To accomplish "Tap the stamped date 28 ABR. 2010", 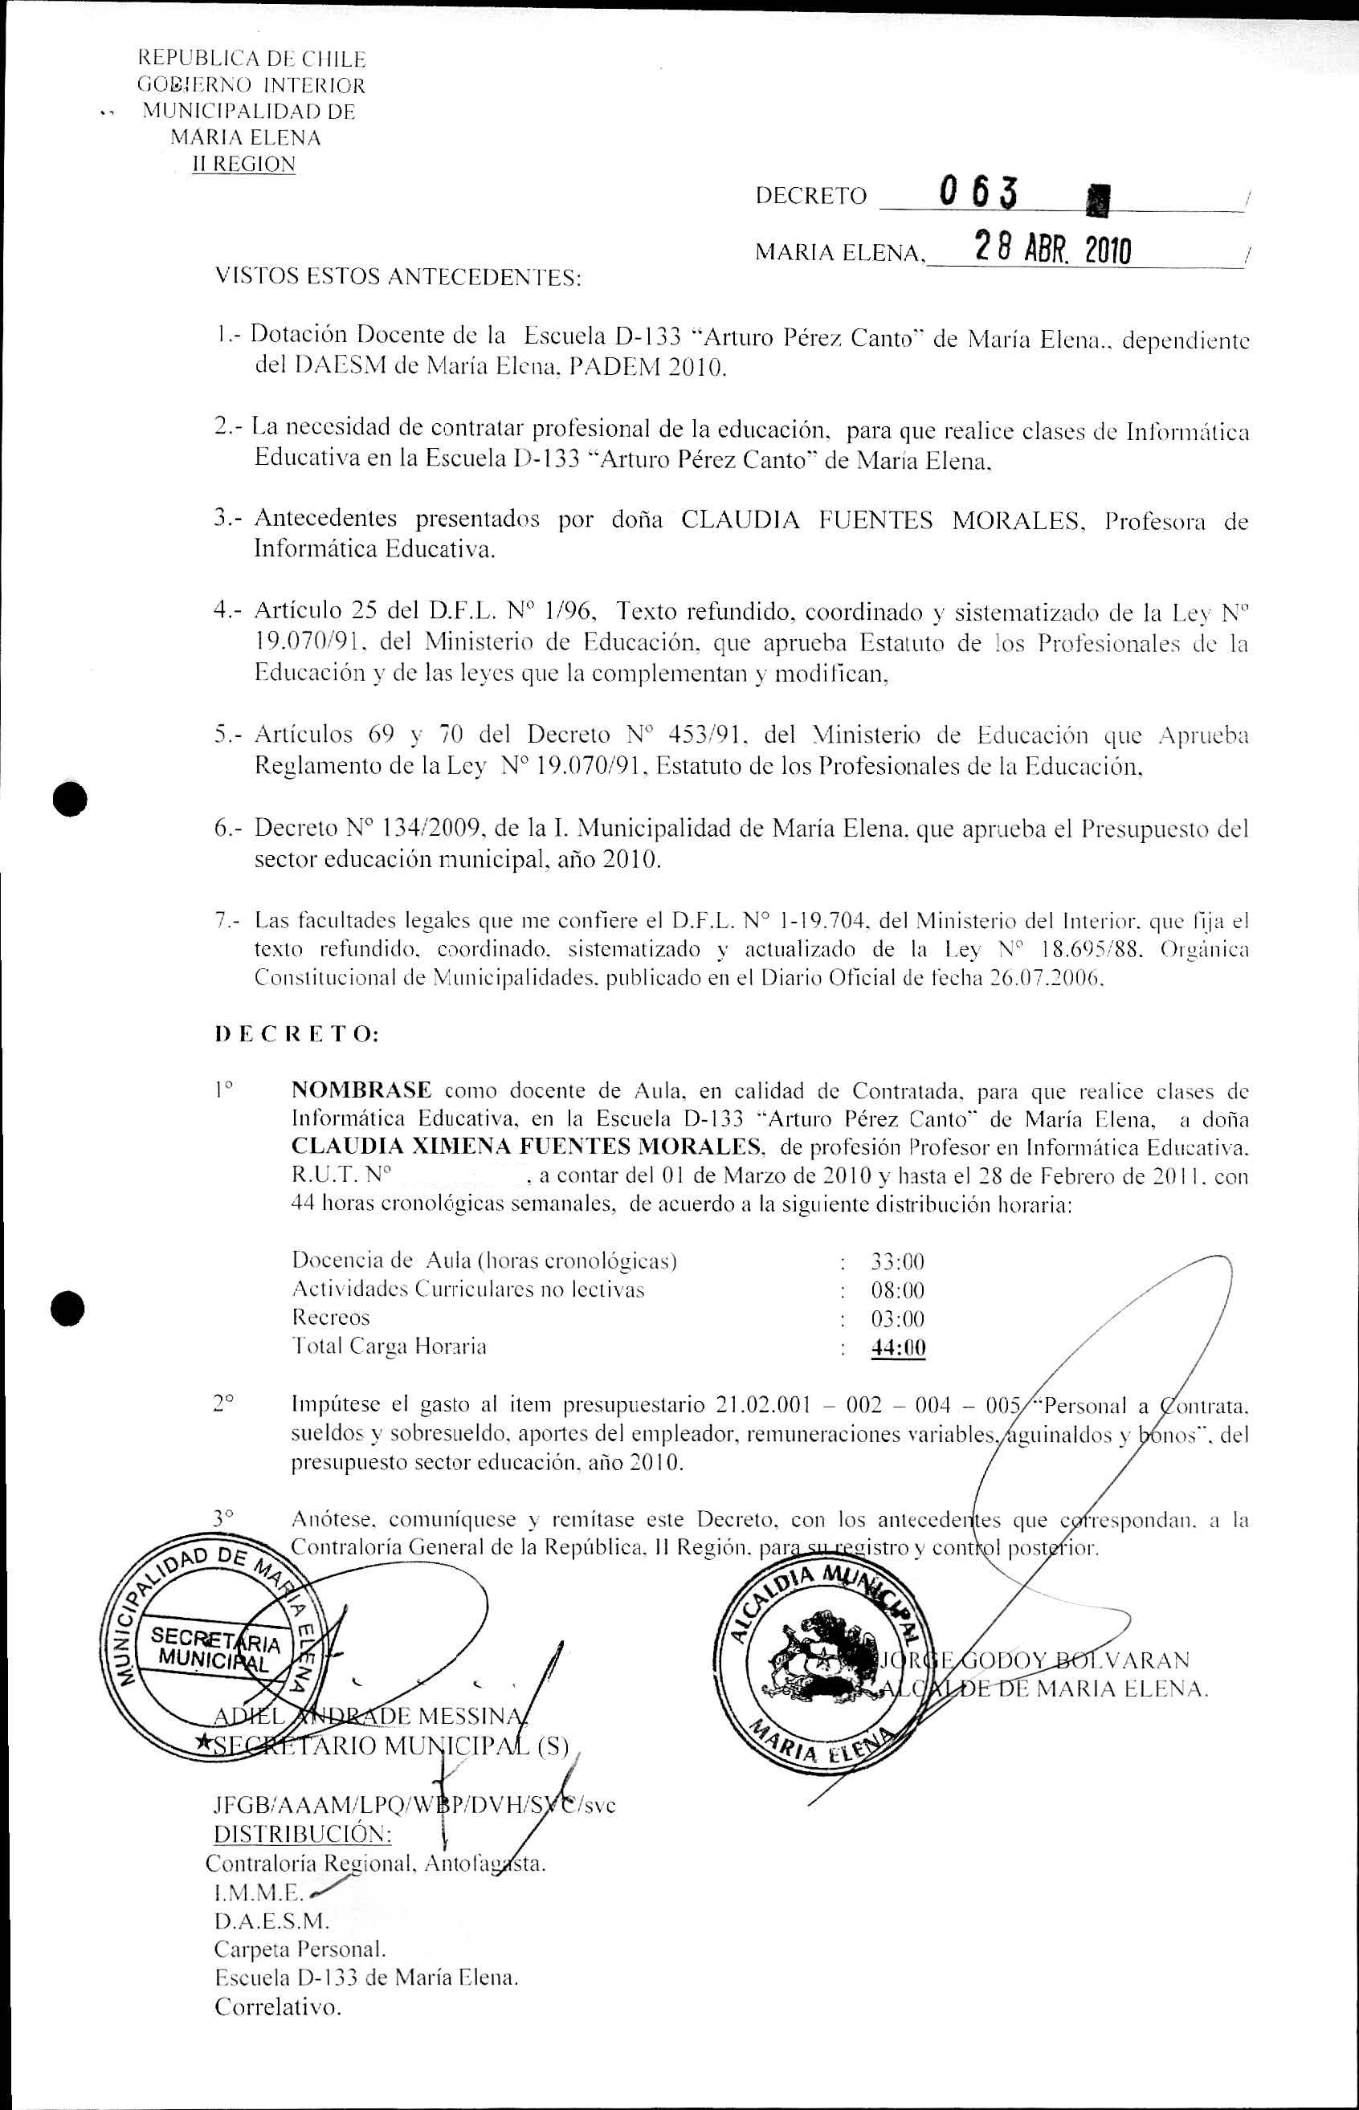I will (x=1050, y=251).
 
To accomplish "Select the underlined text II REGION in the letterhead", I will (x=244, y=164).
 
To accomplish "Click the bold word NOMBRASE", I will (x=361, y=1090).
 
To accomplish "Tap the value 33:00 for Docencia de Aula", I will (x=897, y=1262).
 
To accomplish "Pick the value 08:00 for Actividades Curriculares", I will (x=897, y=1290).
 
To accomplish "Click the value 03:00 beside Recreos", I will (x=897, y=1320).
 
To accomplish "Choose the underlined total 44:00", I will (x=897, y=1348).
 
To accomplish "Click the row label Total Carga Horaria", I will (x=390, y=1347).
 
